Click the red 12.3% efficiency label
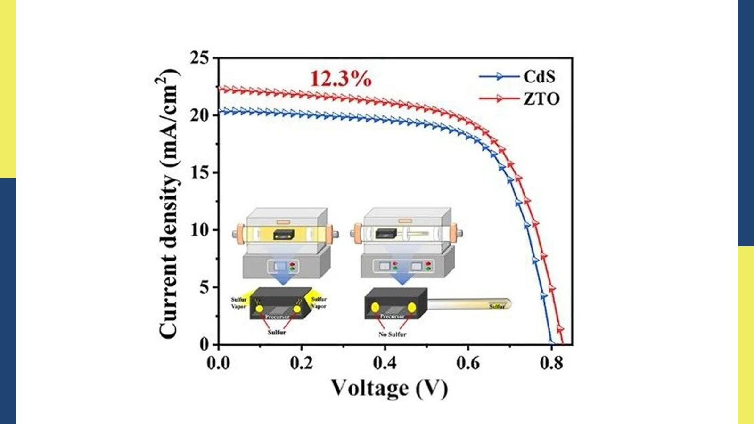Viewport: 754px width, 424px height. [340, 78]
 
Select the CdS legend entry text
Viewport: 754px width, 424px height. [539, 76]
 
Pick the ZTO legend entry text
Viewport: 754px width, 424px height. [541, 99]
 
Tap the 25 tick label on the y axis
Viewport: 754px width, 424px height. [199, 58]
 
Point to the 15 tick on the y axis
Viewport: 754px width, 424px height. [199, 173]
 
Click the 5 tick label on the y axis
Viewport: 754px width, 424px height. [204, 287]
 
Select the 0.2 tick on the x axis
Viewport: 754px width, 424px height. [301, 363]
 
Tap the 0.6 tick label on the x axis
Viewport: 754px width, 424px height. [467, 363]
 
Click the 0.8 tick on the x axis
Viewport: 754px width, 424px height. [551, 363]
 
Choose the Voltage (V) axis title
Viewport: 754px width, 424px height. [389, 388]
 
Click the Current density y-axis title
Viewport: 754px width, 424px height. [168, 204]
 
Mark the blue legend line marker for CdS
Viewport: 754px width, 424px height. [499, 76]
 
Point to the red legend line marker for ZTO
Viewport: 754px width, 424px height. [499, 99]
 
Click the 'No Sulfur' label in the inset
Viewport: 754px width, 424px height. [392, 334]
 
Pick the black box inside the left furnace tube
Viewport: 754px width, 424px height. [284, 234]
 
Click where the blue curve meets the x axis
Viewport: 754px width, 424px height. [551, 343]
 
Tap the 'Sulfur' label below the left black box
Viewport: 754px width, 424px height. [277, 332]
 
